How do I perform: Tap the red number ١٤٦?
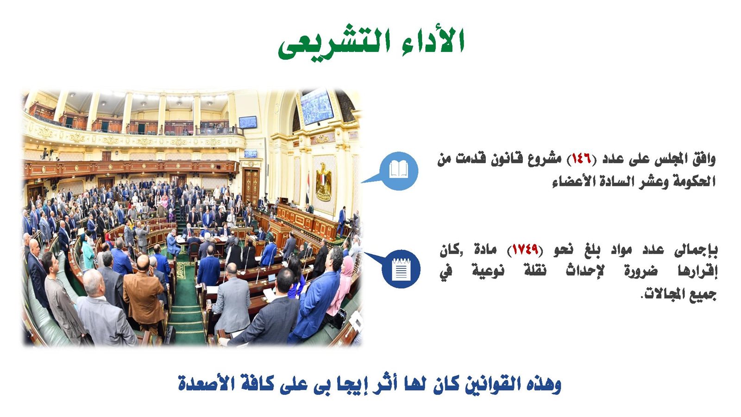pos(581,159)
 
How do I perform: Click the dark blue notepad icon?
pos(401,269)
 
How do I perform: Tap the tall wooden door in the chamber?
pos(251,186)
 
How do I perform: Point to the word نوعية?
pos(488,271)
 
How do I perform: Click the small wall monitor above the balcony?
pos(247,122)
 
